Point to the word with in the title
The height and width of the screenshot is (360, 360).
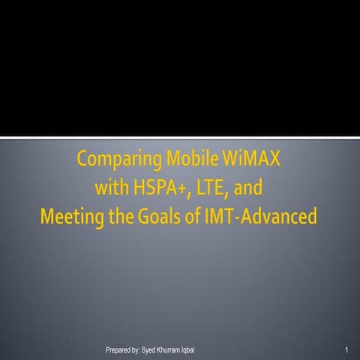112,188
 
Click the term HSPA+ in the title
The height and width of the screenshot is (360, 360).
164,188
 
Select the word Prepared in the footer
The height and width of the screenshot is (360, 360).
121,350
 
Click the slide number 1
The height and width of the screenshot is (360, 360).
347,350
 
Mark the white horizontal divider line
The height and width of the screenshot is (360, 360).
180,136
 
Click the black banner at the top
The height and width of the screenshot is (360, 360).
180,67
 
